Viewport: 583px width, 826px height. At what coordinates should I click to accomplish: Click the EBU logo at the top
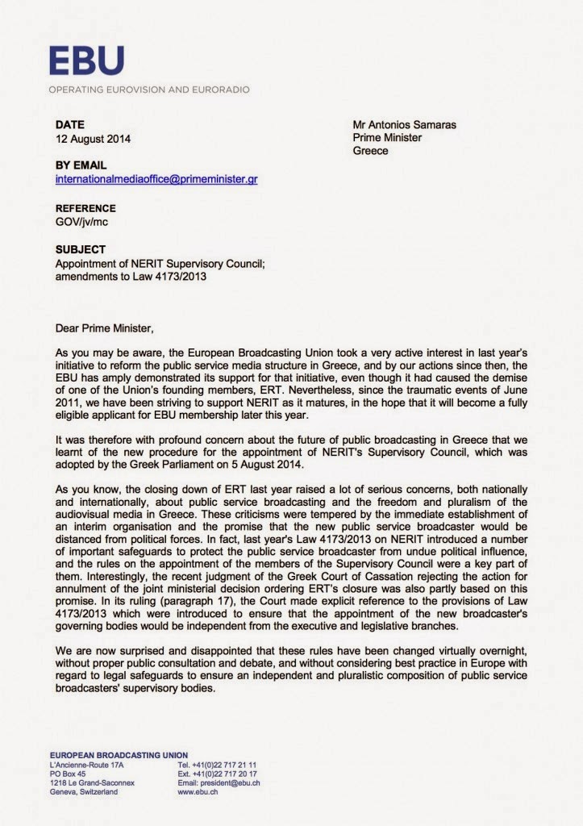coord(86,60)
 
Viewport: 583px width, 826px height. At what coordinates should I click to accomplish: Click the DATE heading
coord(70,125)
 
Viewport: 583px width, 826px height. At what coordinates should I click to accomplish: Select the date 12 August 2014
coord(93,138)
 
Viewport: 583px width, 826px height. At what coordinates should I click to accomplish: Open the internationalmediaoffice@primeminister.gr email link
coord(156,178)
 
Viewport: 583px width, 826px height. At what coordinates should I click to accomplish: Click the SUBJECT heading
coord(80,249)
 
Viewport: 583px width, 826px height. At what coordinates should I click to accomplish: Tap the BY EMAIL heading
coord(81,165)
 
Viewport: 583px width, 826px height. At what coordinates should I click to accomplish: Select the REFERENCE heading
coord(85,207)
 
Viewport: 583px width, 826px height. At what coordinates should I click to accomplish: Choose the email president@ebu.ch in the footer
coord(219,782)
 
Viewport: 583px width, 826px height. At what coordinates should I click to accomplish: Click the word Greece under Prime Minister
coord(370,151)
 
